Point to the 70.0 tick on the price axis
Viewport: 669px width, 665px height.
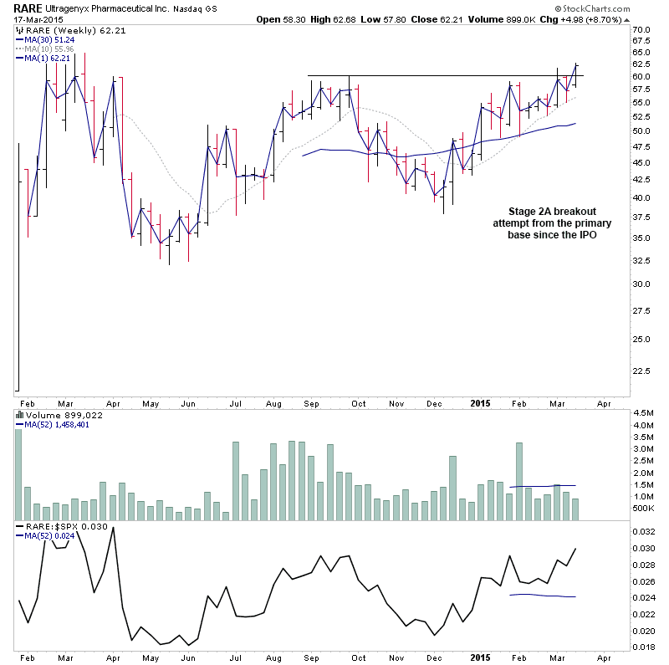click(x=642, y=29)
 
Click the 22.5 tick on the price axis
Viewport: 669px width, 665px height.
click(x=642, y=371)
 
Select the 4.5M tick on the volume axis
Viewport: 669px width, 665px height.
click(x=644, y=413)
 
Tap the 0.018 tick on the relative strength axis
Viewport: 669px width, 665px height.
click(x=644, y=647)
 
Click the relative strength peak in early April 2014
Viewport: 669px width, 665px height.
click(x=113, y=529)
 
